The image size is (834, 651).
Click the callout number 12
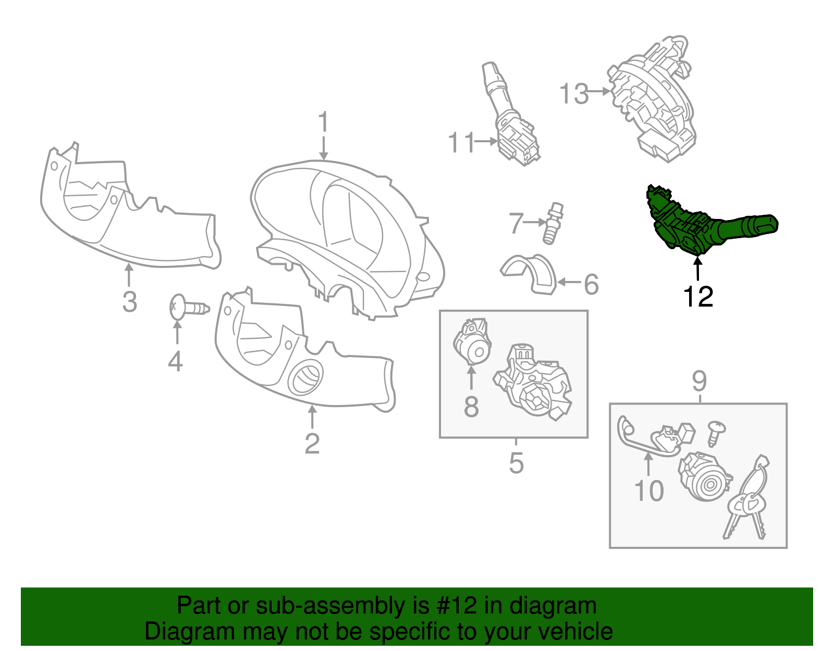[x=698, y=297]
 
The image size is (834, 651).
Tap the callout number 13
[x=574, y=94]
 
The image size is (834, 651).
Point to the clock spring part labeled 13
[x=653, y=99]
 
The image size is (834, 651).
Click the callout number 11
[x=462, y=142]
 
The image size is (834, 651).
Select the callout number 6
[x=591, y=285]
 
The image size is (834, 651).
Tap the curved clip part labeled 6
[x=530, y=273]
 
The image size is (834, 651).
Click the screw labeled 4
[x=189, y=308]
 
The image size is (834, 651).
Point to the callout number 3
[x=130, y=302]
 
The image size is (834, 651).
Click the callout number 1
[x=324, y=121]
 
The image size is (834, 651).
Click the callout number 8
[x=471, y=407]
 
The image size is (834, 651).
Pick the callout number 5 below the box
[x=516, y=463]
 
